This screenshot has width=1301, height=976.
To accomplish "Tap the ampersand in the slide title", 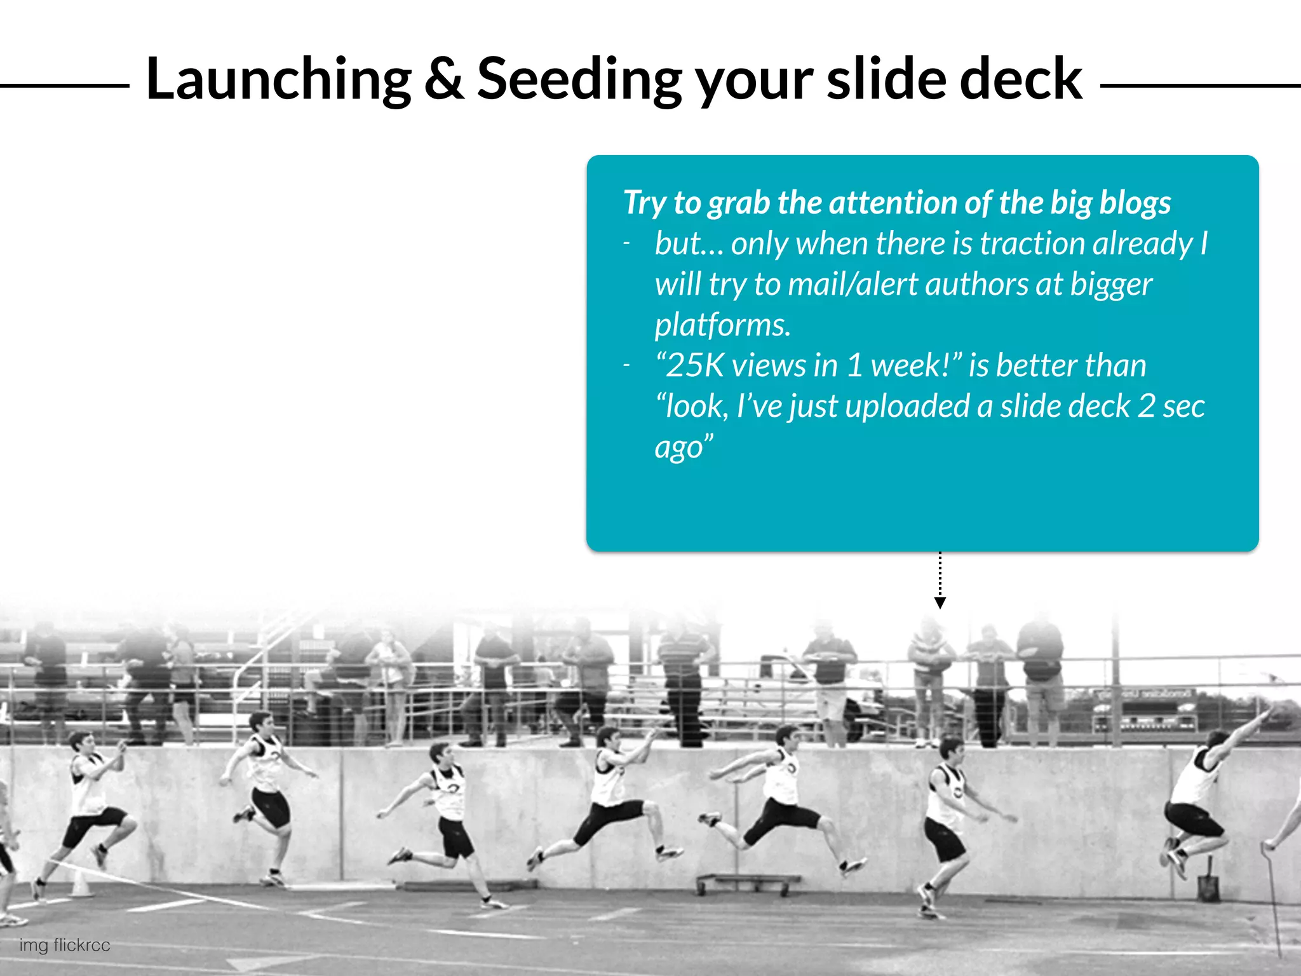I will coord(444,79).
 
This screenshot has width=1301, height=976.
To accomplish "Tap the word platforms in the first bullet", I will coord(722,325).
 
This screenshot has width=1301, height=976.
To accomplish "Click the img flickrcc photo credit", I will coord(64,945).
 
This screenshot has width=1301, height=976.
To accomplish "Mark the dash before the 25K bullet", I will coord(627,365).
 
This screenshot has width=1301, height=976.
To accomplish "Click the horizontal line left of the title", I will coord(64,85).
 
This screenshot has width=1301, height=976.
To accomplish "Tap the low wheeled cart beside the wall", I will coord(748,883).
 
